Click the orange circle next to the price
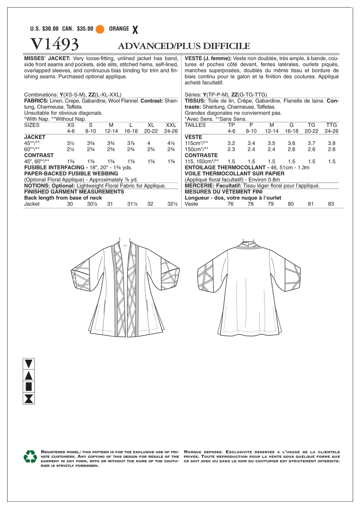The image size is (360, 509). click(100, 29)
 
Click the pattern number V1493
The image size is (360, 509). click(54, 44)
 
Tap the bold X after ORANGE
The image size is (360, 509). click(135, 30)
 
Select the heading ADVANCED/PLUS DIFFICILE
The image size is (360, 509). click(184, 46)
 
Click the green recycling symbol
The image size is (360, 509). click(30, 457)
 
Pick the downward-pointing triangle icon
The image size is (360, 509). click(29, 363)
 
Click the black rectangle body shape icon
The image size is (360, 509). click(29, 387)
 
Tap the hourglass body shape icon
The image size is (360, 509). click(29, 399)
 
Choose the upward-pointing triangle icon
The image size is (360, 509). click(29, 375)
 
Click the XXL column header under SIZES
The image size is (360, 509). click(171, 125)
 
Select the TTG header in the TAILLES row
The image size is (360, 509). click(331, 125)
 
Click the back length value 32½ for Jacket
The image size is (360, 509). click(172, 204)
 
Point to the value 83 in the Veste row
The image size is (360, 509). click(331, 204)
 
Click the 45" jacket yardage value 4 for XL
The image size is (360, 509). click(149, 143)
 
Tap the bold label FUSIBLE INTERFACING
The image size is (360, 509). click(54, 168)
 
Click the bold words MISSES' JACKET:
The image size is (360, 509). click(47, 58)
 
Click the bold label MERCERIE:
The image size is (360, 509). click(200, 186)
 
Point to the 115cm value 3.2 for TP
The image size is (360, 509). click(231, 143)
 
